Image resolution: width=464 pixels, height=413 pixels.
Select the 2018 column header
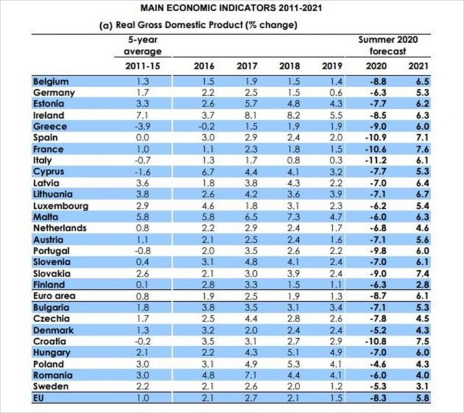[x=289, y=66]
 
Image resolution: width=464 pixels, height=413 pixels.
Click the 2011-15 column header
[x=142, y=66]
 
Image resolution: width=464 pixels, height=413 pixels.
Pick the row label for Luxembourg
[x=61, y=206]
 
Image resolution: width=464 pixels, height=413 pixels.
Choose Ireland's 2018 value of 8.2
[x=289, y=115]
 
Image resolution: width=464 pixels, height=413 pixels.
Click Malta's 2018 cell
[x=289, y=217]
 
